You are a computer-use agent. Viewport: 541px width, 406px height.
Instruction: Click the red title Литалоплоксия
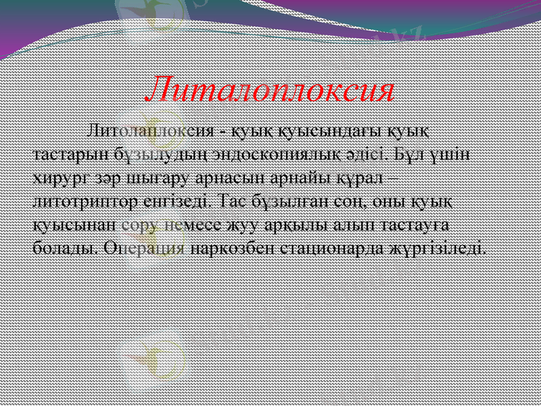(270, 90)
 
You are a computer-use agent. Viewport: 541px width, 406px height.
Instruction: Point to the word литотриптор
(74, 200)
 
